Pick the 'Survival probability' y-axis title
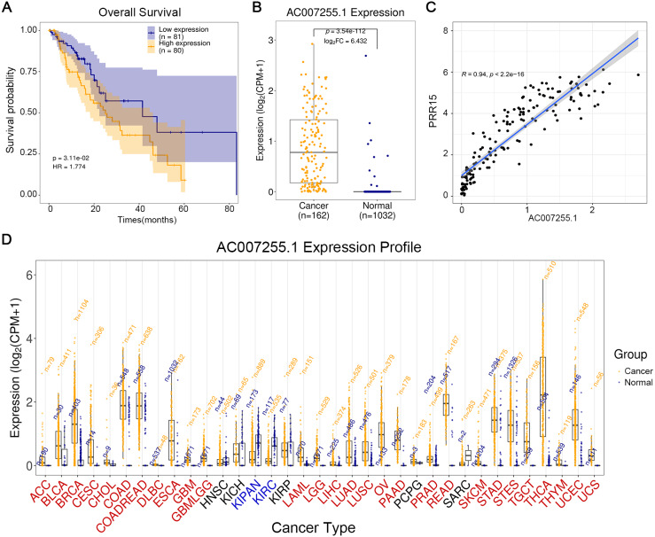click(x=11, y=112)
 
